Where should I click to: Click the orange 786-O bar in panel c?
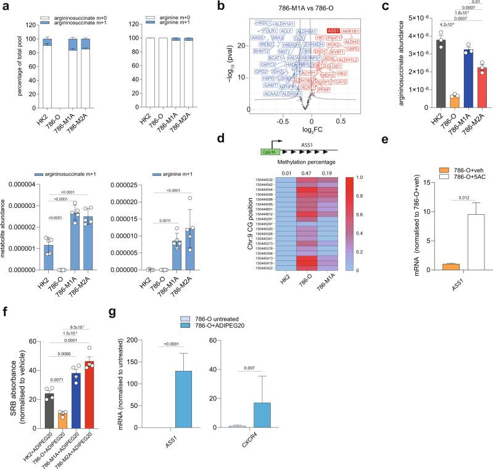pos(420,101)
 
